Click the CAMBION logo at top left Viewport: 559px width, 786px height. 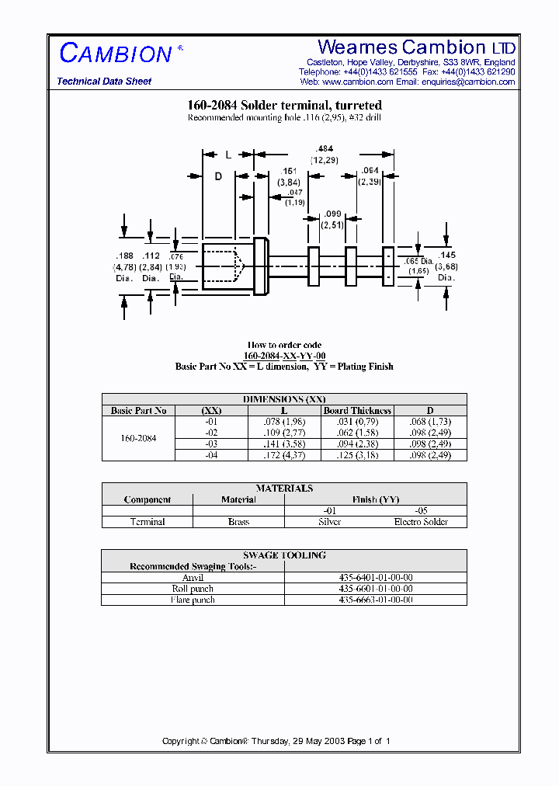coord(116,54)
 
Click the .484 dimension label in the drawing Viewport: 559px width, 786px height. coord(325,148)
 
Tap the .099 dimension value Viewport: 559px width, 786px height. coord(332,214)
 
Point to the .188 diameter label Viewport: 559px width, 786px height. coord(124,256)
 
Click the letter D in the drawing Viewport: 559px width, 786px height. coord(218,177)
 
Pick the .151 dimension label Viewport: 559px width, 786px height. coord(288,171)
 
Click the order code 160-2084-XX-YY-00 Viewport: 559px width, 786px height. coord(284,356)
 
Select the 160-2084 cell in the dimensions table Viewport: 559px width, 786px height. coord(138,438)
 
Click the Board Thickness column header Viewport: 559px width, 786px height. coord(358,410)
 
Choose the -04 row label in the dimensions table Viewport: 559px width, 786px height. coord(211,455)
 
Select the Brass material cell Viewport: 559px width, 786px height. coord(238,522)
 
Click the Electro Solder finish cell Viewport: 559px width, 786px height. coord(421,522)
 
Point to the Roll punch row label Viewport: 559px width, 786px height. coord(193,589)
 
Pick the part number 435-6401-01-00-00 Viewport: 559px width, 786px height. coord(376,578)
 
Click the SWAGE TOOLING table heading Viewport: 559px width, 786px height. coord(284,555)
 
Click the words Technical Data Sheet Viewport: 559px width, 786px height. coord(104,82)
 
